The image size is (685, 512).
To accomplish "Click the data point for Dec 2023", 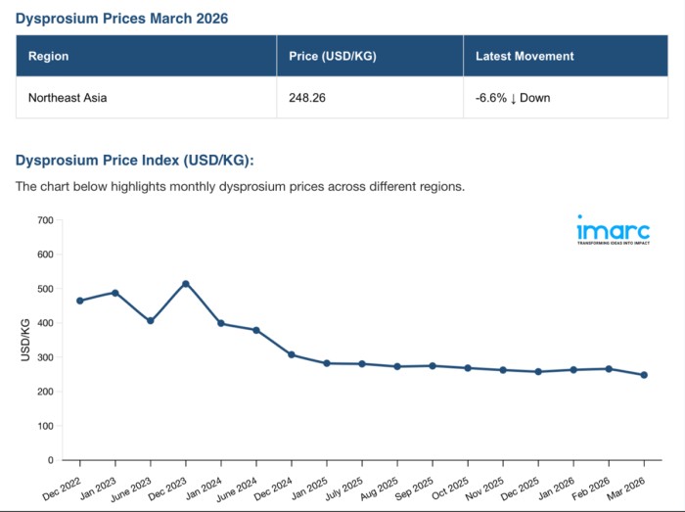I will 186,284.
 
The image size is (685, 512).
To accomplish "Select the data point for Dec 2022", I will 80,301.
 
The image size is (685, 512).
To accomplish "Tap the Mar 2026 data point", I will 644,375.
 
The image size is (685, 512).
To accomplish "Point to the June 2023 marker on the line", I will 151,321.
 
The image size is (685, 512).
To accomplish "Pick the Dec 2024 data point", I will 292,354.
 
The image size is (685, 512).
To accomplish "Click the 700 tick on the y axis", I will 44,220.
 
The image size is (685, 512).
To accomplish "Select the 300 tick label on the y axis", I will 44,357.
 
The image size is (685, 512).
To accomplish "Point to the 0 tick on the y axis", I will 50,460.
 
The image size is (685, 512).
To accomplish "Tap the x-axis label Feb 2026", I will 593,484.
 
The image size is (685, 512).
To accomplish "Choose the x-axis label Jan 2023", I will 100,484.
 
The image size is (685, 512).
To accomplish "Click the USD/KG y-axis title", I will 25,340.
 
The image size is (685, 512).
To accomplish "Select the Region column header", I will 49,56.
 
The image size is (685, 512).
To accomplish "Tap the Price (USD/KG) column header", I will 331,56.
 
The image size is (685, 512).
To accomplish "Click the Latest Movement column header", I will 525,56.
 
